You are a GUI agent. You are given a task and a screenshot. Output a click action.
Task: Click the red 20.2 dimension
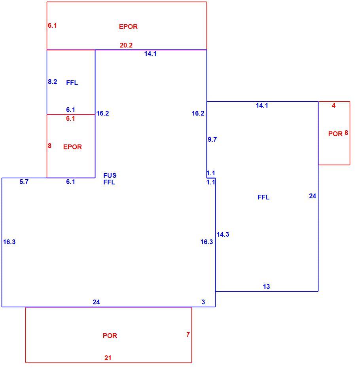pos(126,45)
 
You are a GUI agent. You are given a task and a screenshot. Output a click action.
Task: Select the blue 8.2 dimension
pos(52,82)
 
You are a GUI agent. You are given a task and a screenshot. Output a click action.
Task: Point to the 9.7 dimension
pos(212,139)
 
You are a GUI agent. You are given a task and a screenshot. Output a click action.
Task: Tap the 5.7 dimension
pos(24,182)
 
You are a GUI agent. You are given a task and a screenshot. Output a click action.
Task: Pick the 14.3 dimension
pos(223,234)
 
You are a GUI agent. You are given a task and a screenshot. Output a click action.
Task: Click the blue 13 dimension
pos(266,287)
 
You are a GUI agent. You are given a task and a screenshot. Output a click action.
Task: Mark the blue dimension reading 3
pos(203,302)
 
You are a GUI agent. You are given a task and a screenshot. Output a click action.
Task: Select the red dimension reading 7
pos(188,334)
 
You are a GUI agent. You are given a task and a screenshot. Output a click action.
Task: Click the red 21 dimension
pos(108,358)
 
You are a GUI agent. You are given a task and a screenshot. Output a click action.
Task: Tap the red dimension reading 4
pos(333,106)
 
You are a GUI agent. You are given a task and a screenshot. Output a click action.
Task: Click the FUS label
pos(110,175)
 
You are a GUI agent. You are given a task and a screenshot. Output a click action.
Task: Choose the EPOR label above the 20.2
pos(128,27)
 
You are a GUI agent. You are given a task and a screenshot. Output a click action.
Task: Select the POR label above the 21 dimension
pos(110,336)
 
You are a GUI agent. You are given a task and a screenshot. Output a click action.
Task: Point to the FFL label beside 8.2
pos(72,83)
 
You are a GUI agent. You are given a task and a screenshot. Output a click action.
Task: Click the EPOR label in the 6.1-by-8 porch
pos(72,147)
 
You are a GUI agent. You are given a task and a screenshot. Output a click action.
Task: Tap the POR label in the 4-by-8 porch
pos(335,134)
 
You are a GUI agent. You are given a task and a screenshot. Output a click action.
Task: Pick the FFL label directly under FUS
pos(109,182)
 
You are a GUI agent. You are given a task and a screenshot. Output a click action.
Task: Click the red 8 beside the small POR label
pos(346,133)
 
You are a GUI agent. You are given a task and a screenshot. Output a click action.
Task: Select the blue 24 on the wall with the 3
pos(96,302)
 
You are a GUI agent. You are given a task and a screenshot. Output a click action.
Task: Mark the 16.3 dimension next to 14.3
pos(207,242)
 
